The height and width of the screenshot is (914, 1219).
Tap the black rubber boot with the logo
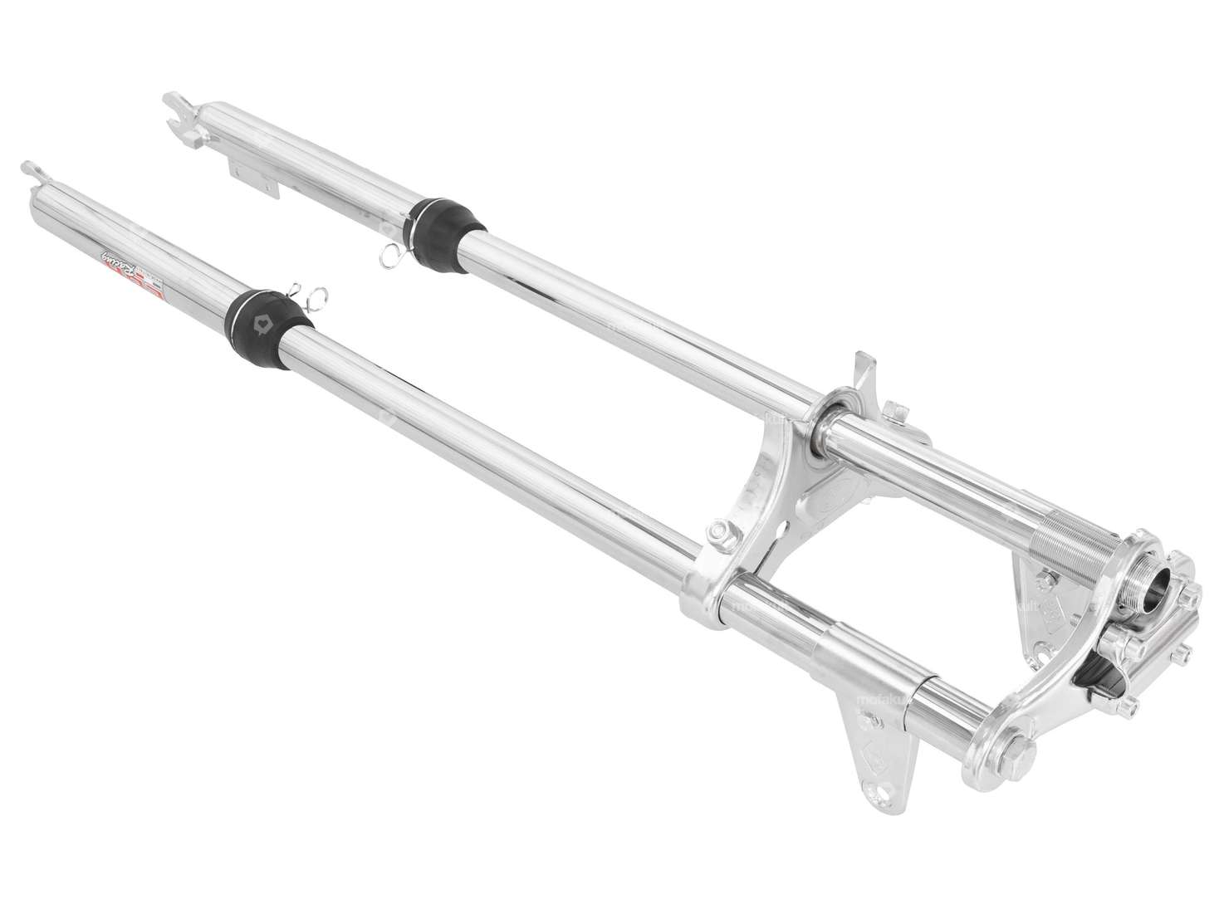click(268, 315)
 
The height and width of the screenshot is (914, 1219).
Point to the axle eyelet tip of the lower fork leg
click(29, 170)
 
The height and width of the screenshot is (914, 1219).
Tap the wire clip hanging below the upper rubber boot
click(390, 257)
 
